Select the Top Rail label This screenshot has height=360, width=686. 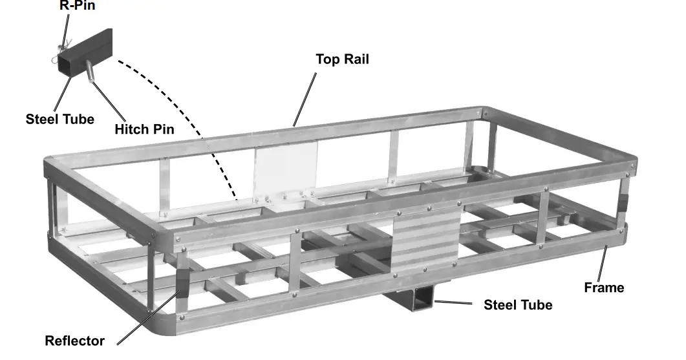click(x=342, y=59)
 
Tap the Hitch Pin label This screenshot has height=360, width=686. click(x=144, y=129)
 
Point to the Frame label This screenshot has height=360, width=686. click(x=604, y=288)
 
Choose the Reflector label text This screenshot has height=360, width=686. click(x=74, y=341)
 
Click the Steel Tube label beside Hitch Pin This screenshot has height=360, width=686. click(x=59, y=119)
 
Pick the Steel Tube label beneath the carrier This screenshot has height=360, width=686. click(x=518, y=304)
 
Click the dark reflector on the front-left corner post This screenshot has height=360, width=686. click(x=182, y=284)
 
